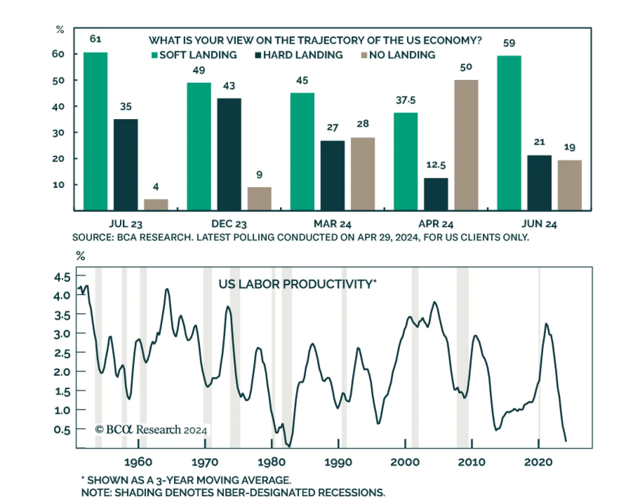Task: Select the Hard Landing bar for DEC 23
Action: pos(229,154)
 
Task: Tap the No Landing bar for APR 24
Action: pos(466,145)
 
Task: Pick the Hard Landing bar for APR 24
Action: pos(436,194)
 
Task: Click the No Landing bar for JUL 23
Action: pos(156,205)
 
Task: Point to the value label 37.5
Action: pos(406,100)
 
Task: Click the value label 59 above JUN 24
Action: pos(509,43)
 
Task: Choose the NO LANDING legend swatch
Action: pos(364,55)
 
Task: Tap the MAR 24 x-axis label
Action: pos(332,224)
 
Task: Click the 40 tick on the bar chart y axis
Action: pos(58,106)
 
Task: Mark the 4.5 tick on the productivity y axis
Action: pos(62,277)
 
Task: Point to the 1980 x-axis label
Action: pos(272,462)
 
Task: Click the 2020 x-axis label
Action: pos(538,462)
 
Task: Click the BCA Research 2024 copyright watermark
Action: pos(151,430)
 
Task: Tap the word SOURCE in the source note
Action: pos(92,237)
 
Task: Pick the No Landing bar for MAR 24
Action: pos(362,174)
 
